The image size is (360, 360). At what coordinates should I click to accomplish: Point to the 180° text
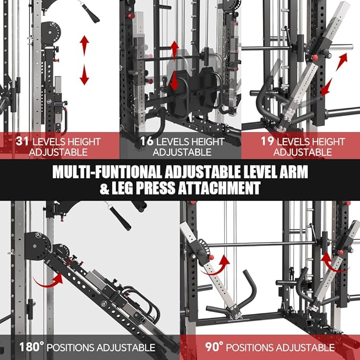(x=30, y=347)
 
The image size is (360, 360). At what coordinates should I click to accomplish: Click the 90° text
(x=214, y=347)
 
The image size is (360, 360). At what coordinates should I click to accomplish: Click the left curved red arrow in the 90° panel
(x=223, y=261)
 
